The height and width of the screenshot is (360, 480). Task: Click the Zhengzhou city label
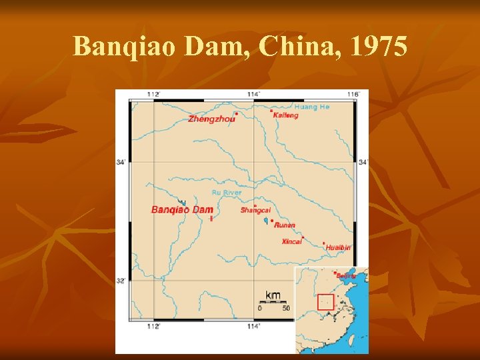point(211,119)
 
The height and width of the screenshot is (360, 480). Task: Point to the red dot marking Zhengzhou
point(237,113)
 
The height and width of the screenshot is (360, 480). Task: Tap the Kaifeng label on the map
point(286,115)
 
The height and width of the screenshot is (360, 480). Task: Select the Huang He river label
point(311,107)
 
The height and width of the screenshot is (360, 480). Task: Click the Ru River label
point(227,193)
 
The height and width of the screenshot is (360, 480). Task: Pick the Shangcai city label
point(255,211)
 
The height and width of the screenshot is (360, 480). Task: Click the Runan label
point(284,225)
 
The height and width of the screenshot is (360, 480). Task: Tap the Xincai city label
point(291,242)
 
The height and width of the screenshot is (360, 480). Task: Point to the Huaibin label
point(338,247)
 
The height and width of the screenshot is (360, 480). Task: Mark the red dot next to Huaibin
point(324,243)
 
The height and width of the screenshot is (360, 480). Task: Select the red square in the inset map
point(325,302)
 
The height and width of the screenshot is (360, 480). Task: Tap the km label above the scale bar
point(273,295)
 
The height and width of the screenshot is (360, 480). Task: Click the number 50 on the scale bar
point(285,308)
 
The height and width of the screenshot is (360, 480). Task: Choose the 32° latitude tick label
point(121,281)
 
